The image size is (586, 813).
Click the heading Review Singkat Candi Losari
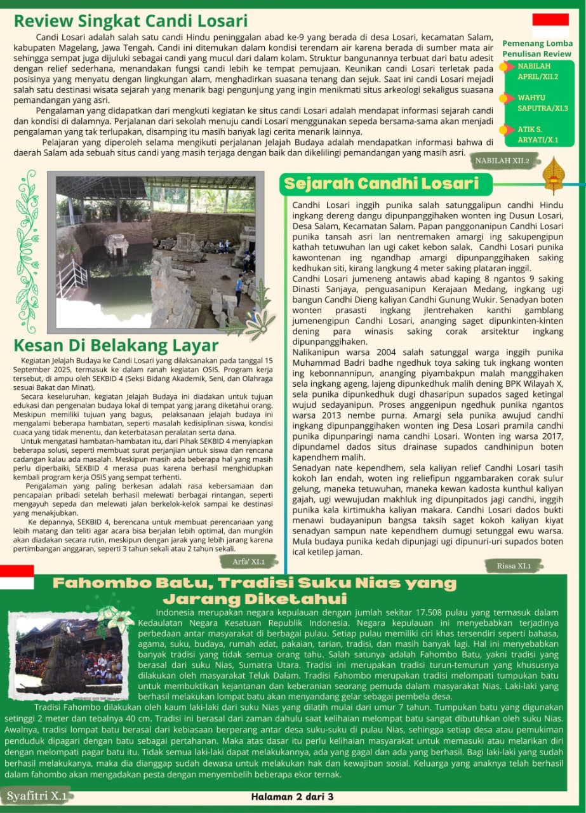(131, 21)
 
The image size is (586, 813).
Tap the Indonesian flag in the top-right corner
(550, 24)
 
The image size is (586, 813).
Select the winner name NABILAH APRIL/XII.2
(538, 71)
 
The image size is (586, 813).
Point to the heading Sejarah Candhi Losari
(381, 184)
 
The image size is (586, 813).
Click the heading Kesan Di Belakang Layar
(116, 346)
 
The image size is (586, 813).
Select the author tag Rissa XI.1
(514, 565)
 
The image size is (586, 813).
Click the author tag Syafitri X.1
(37, 795)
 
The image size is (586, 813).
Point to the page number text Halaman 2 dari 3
(292, 796)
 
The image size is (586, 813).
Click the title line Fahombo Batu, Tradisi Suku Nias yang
(254, 583)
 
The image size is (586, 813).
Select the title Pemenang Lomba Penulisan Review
(536, 49)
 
